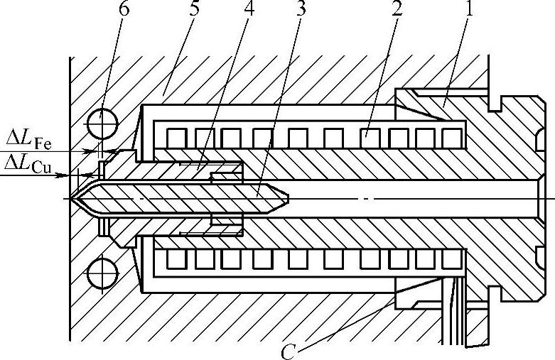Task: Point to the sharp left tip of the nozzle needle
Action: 74,198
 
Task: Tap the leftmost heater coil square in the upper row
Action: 176,136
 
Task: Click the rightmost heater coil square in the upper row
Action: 452,136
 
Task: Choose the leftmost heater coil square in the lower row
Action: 176,260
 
